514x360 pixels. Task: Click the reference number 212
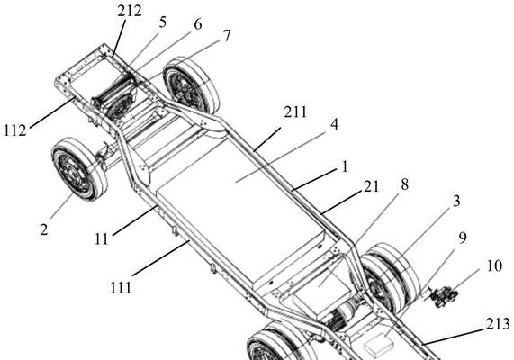[130, 11]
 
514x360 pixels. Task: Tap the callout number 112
[15, 130]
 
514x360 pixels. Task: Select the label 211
[295, 112]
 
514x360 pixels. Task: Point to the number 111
[121, 287]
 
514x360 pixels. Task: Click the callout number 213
[498, 324]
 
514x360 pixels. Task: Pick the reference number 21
[372, 187]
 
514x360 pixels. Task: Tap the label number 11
[102, 239]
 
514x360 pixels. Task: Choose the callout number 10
[494, 265]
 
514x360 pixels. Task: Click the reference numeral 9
[462, 238]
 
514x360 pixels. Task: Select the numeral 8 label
[405, 184]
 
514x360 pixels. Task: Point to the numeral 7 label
[227, 36]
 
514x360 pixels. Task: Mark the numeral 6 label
[198, 24]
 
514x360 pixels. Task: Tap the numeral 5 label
[163, 22]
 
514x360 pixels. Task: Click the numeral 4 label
[334, 124]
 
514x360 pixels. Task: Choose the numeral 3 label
[456, 201]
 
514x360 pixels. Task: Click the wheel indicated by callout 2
[79, 169]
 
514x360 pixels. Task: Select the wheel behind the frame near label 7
[192, 85]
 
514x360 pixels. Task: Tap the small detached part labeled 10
[444, 296]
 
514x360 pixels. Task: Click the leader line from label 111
[161, 258]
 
